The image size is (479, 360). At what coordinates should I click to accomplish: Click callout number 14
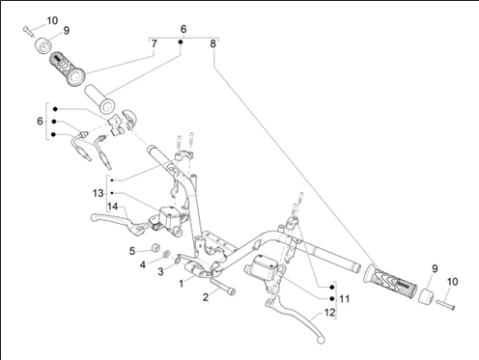(112, 207)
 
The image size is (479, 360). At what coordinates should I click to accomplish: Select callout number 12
(329, 313)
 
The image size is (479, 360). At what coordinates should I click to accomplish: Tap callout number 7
(155, 43)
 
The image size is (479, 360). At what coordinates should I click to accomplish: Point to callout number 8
(212, 43)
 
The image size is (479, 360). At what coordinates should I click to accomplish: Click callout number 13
(98, 193)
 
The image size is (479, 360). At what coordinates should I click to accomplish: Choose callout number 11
(345, 299)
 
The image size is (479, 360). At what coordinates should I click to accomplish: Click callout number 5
(132, 251)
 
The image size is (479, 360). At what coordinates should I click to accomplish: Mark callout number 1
(182, 284)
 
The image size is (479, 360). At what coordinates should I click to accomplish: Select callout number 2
(206, 297)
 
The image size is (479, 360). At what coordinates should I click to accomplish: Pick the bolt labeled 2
(222, 286)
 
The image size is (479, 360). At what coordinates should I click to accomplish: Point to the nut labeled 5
(156, 248)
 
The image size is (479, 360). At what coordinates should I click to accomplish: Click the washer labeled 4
(166, 254)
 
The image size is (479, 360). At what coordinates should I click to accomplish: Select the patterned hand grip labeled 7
(67, 69)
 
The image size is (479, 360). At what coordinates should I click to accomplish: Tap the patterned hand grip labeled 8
(390, 280)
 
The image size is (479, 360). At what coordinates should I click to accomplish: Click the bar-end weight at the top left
(43, 45)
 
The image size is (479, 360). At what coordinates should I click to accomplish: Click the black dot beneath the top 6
(181, 42)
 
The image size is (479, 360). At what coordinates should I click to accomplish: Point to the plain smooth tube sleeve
(99, 99)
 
